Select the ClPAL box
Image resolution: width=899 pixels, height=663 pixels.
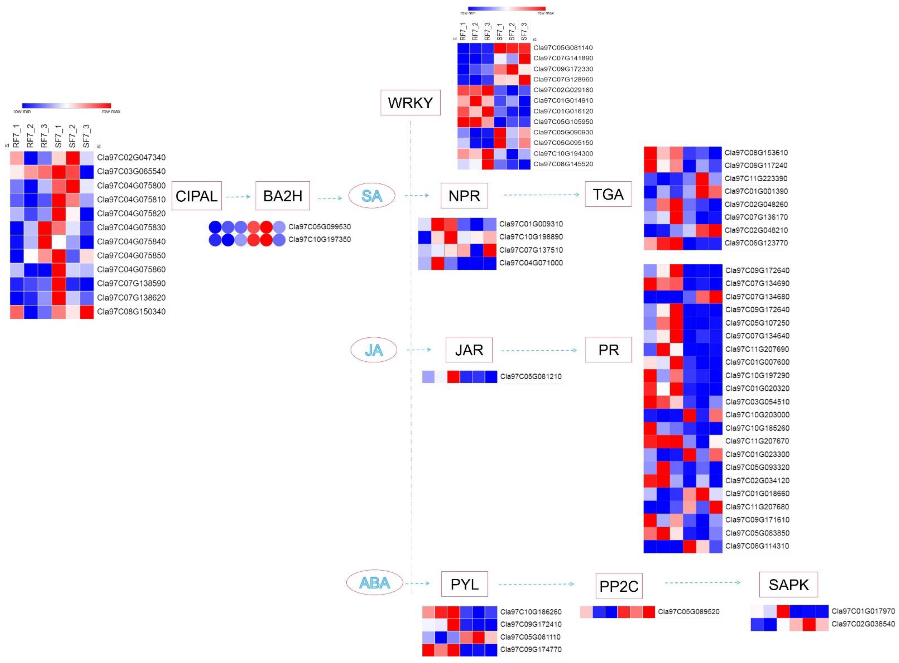pos(196,196)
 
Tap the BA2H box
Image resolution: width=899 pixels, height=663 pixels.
pos(282,196)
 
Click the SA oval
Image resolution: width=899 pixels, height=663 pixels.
pos(372,196)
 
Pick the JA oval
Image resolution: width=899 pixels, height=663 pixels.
pos(374,350)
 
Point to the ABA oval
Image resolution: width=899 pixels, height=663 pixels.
pos(374,583)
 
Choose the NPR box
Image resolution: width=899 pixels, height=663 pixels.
pos(464,196)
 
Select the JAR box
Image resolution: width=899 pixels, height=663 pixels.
pos(469,350)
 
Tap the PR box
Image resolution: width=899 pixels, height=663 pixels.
pos(608,350)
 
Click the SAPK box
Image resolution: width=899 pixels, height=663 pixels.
pos(788,585)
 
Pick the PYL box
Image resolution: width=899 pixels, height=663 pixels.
pos(464,584)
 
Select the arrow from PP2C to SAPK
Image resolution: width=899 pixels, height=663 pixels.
pos(702,582)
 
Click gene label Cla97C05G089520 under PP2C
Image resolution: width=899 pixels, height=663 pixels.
pos(688,612)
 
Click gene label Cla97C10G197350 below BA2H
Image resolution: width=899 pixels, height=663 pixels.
pos(319,240)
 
